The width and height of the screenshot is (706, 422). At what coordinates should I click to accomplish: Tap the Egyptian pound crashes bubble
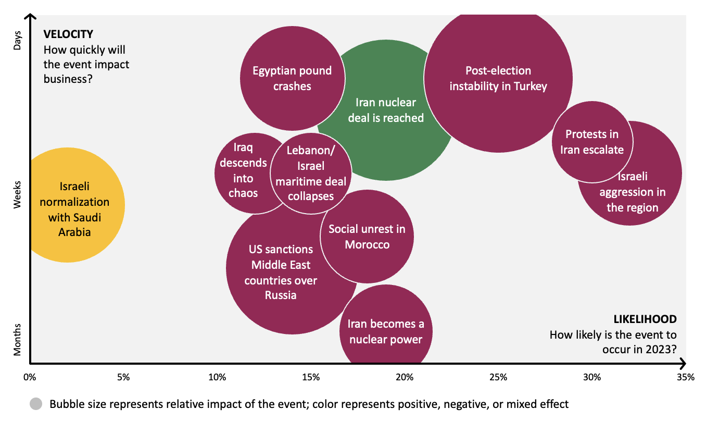click(x=293, y=78)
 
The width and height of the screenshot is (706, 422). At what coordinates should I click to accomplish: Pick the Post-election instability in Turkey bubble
click(x=498, y=78)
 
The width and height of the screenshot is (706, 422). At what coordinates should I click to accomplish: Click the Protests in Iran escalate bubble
click(x=592, y=142)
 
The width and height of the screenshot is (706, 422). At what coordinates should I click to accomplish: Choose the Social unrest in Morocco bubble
click(x=367, y=237)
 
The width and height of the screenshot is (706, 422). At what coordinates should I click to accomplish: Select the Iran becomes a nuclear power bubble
click(x=386, y=331)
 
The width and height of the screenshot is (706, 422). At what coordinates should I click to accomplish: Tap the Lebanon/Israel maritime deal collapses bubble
click(x=311, y=173)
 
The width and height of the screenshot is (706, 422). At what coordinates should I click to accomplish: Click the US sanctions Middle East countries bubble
click(x=281, y=272)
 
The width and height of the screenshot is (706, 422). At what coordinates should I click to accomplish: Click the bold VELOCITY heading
click(x=68, y=34)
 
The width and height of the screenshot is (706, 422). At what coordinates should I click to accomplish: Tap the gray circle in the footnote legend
click(x=36, y=404)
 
